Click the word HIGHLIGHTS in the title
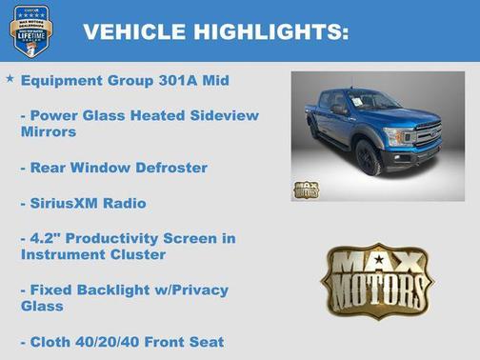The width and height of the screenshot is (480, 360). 270,32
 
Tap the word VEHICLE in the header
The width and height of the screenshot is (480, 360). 134,32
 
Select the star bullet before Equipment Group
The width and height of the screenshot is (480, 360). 10,79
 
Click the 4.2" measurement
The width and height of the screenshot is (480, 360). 47,237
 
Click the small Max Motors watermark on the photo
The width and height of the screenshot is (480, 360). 306,188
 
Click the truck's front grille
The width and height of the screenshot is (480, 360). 427,134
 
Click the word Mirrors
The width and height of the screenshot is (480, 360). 49,132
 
